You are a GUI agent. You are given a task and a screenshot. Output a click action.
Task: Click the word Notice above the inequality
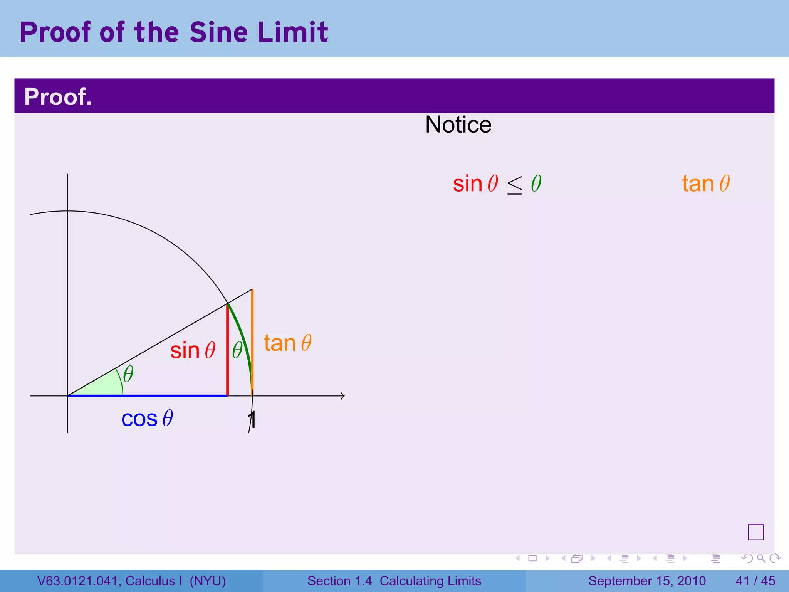pyautogui.click(x=458, y=125)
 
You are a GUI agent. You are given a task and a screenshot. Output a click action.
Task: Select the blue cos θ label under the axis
pyautogui.click(x=147, y=419)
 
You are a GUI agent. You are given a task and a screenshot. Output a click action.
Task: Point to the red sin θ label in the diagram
pyautogui.click(x=193, y=350)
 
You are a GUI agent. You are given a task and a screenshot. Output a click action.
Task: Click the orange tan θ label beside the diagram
pyautogui.click(x=287, y=343)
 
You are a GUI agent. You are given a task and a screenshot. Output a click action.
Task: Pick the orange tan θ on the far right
pyautogui.click(x=706, y=183)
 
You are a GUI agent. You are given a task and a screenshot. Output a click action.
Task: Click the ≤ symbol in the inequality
pyautogui.click(x=515, y=185)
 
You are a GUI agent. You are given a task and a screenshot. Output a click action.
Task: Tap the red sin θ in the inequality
pyautogui.click(x=475, y=183)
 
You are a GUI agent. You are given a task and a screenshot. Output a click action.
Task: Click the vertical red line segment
pyautogui.click(x=228, y=355)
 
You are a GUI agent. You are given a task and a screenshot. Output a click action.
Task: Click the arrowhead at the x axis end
pyautogui.click(x=342, y=396)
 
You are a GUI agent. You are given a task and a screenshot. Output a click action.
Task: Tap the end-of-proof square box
pyautogui.click(x=756, y=532)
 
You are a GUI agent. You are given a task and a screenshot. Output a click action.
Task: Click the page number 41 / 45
pyautogui.click(x=755, y=581)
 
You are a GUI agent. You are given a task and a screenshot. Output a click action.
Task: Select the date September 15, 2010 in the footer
pyautogui.click(x=647, y=581)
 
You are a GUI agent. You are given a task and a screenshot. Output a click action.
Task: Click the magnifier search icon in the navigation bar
pyautogui.click(x=761, y=558)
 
